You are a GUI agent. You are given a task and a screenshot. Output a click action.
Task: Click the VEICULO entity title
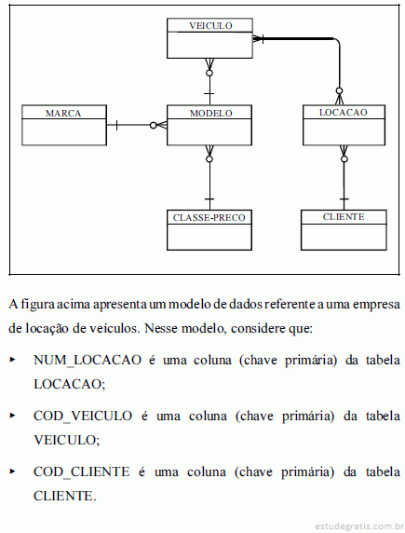210,26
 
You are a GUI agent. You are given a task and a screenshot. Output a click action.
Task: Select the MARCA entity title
63,113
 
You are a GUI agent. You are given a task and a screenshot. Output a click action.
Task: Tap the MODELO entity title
211,113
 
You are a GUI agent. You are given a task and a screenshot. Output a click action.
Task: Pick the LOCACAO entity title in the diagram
344,113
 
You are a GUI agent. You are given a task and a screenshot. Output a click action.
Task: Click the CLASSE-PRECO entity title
209,217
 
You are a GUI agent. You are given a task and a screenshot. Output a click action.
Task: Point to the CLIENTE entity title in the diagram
344,217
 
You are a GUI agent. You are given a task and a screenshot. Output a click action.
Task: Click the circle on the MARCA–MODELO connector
154,126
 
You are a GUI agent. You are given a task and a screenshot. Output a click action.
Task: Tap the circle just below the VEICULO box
209,73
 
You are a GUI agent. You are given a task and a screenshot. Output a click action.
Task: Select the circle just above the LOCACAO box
339,90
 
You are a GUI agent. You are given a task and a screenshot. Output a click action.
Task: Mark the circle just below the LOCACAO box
344,158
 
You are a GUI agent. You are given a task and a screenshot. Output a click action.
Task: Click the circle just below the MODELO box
209,158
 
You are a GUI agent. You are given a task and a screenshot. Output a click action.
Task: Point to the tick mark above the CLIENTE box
344,198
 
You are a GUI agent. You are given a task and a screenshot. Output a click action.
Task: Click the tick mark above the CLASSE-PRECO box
209,198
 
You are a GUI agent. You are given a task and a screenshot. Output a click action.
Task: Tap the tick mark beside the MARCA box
116,125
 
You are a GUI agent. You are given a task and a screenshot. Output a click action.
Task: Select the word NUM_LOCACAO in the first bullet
88,361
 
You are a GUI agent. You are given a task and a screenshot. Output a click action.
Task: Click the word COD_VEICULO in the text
83,417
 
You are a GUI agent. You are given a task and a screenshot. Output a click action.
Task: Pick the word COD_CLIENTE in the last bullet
82,471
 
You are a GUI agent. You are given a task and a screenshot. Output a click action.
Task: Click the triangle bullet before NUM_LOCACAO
13,360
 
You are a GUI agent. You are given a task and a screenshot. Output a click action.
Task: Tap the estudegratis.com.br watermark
358,526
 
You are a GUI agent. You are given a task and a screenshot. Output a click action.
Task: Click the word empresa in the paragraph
376,305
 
